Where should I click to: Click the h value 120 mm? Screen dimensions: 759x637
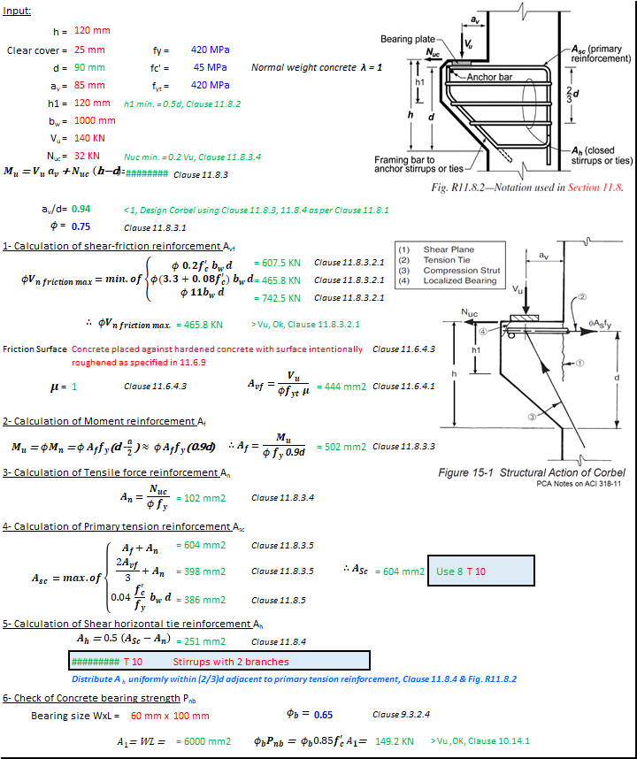tap(92, 31)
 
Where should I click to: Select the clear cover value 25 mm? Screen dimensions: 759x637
tap(89, 50)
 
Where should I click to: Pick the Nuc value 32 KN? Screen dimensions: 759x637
tap(88, 156)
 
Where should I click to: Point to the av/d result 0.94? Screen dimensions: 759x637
tap(80, 209)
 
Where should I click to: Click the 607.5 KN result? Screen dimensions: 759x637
tap(277, 263)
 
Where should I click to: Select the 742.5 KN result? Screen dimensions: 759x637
tap(277, 298)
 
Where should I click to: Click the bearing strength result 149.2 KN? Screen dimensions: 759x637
tap(395, 740)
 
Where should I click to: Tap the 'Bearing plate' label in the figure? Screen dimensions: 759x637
tap(407, 40)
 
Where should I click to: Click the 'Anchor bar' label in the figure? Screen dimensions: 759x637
tap(489, 77)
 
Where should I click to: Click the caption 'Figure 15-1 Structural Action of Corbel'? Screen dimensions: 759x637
tap(531, 472)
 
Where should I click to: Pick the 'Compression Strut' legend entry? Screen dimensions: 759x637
tap(461, 271)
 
